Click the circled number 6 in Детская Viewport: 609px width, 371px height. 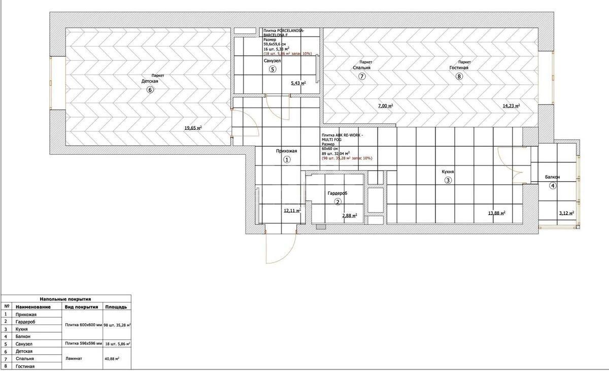click(x=150, y=90)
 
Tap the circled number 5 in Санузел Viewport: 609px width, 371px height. click(x=273, y=70)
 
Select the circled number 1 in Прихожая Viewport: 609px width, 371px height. click(x=286, y=159)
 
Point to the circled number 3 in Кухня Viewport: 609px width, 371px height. click(x=448, y=180)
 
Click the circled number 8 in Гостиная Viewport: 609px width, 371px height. click(x=459, y=77)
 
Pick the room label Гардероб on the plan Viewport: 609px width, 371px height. click(x=337, y=193)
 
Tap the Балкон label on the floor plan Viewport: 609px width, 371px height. click(x=553, y=177)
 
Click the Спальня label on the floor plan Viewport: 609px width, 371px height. click(x=362, y=68)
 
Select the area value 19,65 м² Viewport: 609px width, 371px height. click(x=193, y=128)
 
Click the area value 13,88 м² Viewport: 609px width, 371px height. click(x=496, y=213)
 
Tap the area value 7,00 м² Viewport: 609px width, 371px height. click(x=386, y=106)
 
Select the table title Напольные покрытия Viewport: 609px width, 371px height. click(x=65, y=299)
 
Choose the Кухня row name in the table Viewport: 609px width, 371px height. click(x=25, y=329)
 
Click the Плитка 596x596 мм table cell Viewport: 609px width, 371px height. click(x=83, y=344)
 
